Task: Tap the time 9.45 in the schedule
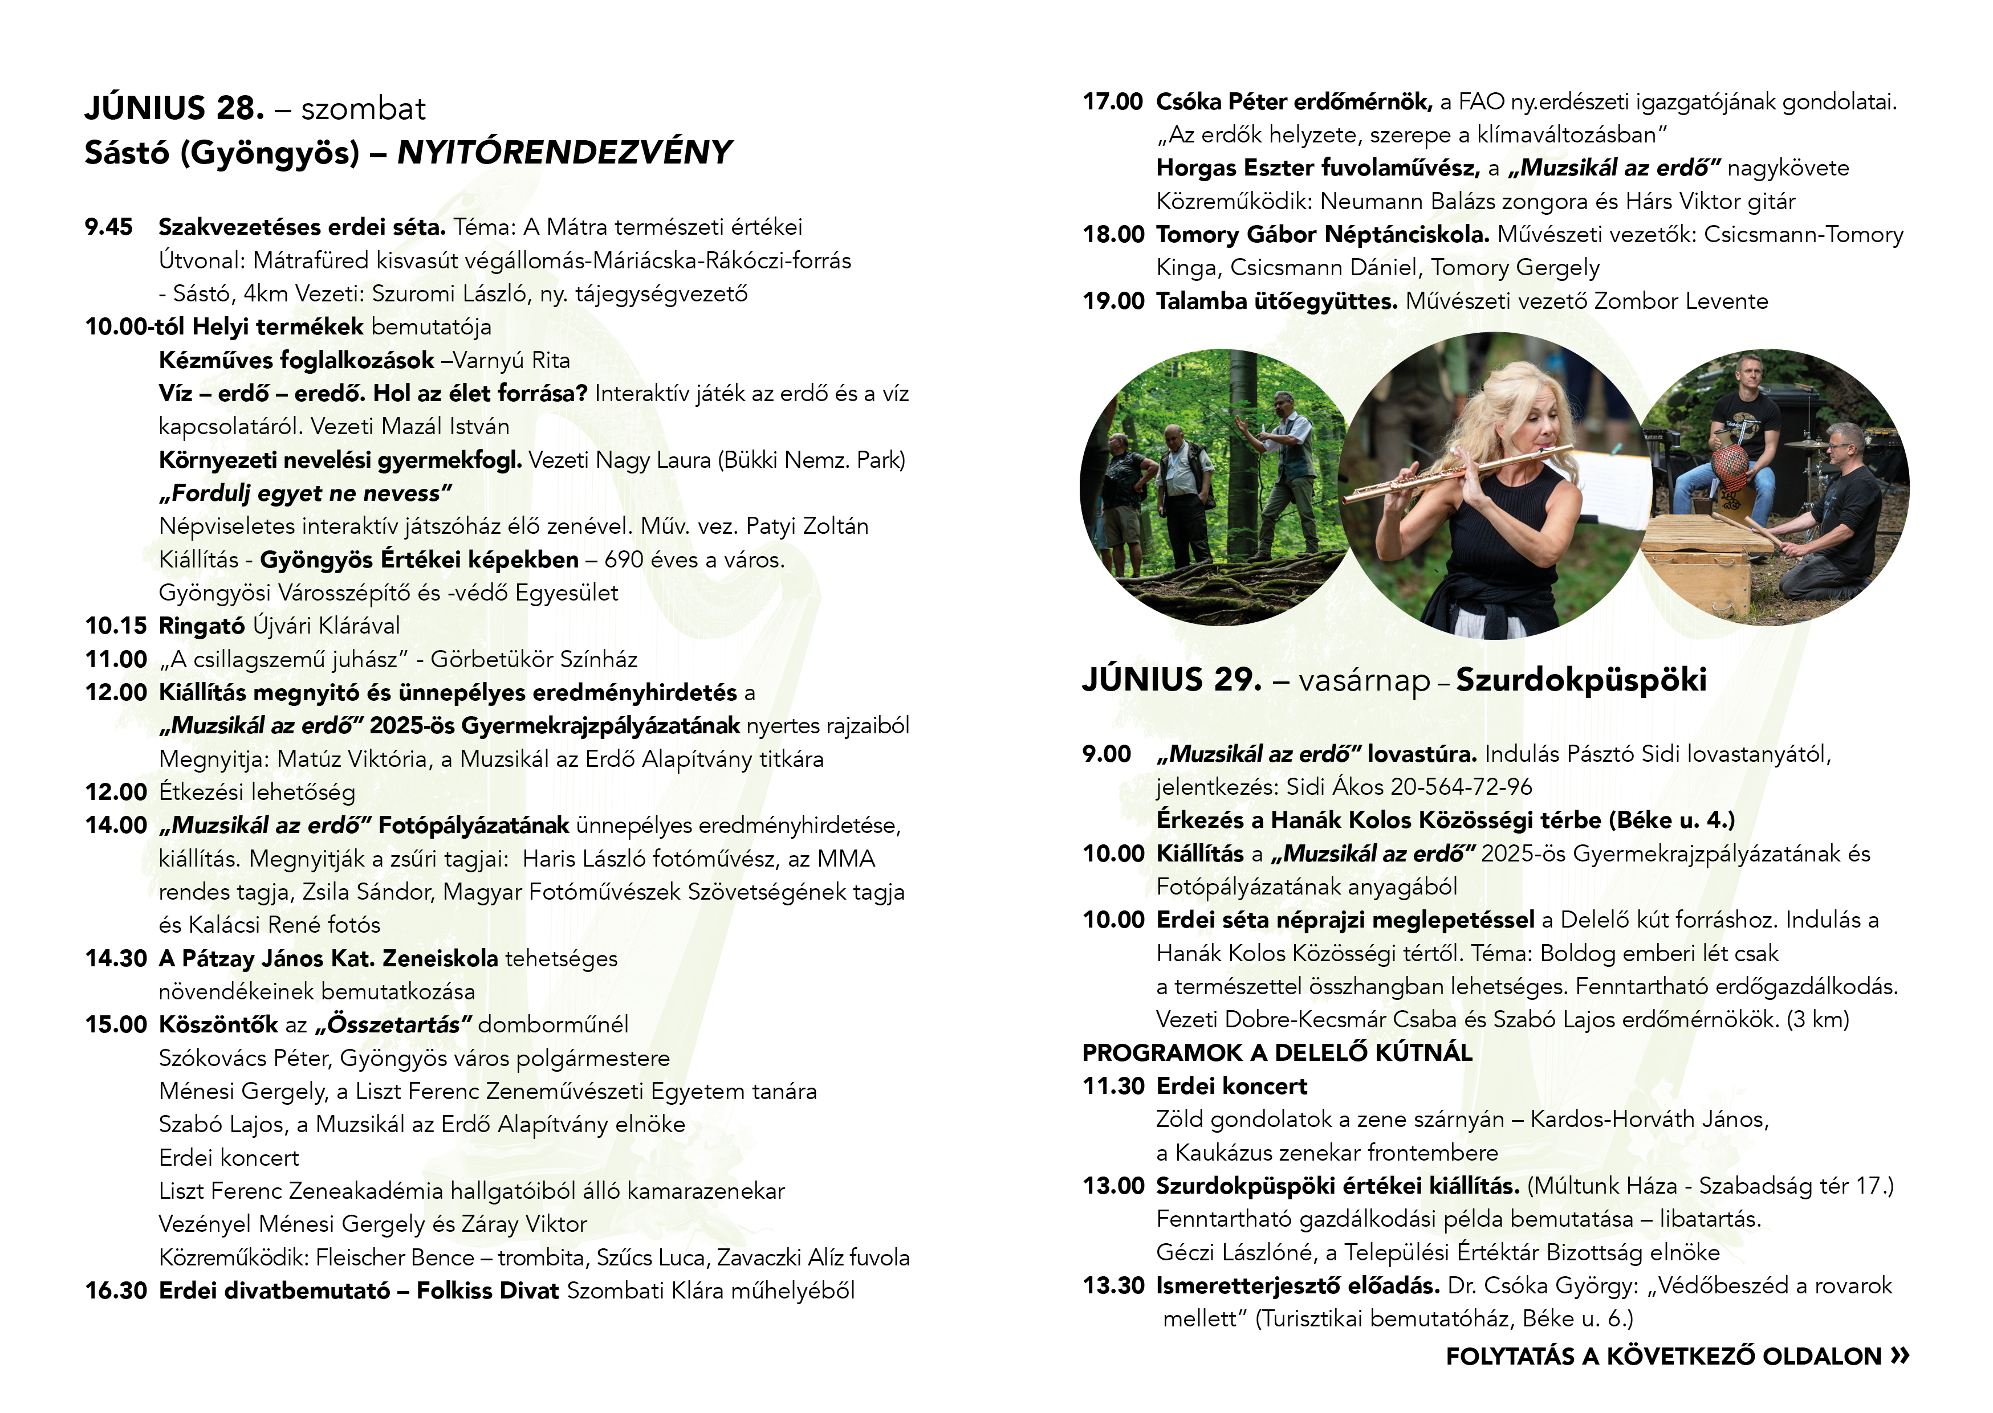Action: click(109, 228)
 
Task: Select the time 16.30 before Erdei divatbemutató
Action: click(116, 1291)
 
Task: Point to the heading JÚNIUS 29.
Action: click(1172, 680)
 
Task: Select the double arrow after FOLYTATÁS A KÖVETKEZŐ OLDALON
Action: click(1900, 1355)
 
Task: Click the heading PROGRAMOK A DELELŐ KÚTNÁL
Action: click(1277, 1053)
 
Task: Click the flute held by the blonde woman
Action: click(1453, 474)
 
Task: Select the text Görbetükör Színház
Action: click(534, 660)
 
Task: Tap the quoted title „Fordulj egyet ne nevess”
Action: click(306, 493)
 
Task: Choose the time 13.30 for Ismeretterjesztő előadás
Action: click(1113, 1286)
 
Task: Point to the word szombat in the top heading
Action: click(363, 109)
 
